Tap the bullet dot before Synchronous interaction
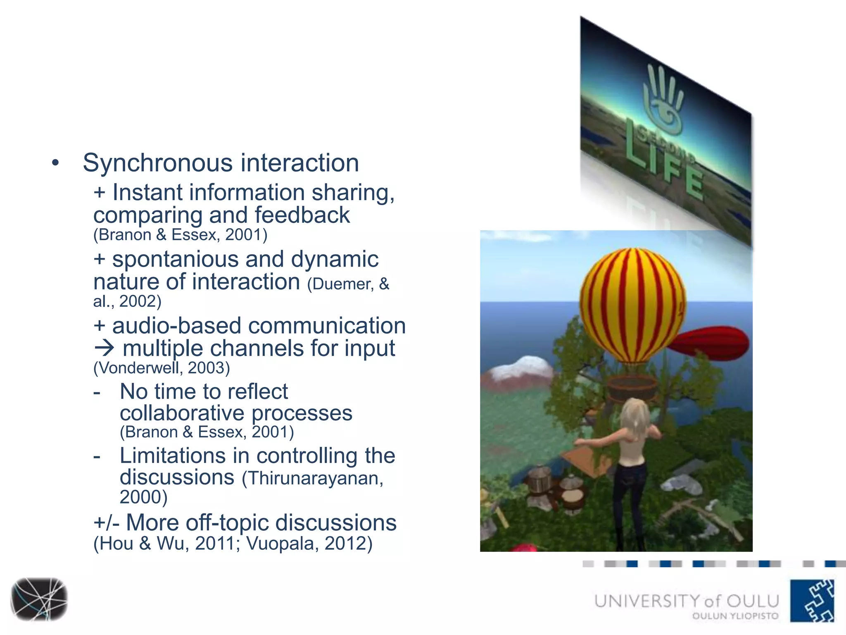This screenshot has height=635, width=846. pos(56,163)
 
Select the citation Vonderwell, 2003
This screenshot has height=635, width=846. pos(162,368)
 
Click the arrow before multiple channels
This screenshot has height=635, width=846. pos(104,349)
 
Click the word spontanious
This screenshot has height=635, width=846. pos(175,260)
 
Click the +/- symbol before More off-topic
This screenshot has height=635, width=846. pos(106,523)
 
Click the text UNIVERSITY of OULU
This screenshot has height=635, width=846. pos(686,601)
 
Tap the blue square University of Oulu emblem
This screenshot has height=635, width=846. pos(812,600)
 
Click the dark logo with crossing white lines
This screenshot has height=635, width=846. pos(39,599)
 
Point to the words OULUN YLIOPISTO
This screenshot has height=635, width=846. pos(735,616)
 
